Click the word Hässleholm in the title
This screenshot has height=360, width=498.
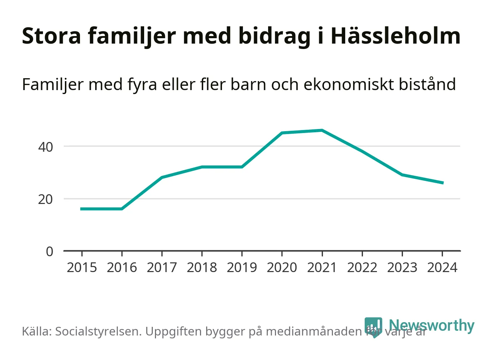395,36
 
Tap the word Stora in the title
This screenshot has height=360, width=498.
52,36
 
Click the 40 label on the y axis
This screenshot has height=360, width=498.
45,147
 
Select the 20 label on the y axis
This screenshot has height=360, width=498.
45,199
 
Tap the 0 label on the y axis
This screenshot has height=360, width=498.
49,252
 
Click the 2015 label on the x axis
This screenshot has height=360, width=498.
82,267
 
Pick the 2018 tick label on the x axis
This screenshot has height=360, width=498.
202,267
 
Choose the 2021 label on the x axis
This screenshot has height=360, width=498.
322,267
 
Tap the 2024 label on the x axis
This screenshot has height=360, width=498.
442,267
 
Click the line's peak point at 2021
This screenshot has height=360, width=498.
322,130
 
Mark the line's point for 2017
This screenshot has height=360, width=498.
162,177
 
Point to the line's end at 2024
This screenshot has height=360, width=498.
443,183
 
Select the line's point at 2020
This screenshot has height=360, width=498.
282,133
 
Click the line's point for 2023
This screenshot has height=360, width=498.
402,175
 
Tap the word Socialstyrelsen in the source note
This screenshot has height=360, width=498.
98,331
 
